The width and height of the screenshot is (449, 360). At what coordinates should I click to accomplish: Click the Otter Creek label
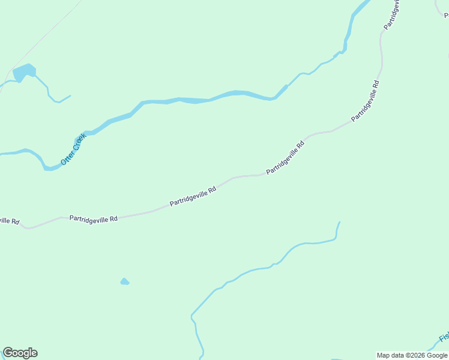pyautogui.click(x=74, y=149)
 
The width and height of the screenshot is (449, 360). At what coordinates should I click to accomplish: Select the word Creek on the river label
pyautogui.click(x=80, y=142)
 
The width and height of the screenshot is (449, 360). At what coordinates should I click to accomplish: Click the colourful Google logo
pyautogui.click(x=20, y=353)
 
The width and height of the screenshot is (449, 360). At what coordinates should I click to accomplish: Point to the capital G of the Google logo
pyautogui.click(x=8, y=353)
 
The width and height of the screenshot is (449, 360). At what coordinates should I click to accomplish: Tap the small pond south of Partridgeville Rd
pyautogui.click(x=124, y=281)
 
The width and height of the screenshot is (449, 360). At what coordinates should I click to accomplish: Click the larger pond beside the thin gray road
pyautogui.click(x=24, y=72)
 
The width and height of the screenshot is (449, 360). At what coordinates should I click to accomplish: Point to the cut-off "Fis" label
pyautogui.click(x=444, y=338)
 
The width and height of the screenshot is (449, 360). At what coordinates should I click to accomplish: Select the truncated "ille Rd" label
pyautogui.click(x=9, y=221)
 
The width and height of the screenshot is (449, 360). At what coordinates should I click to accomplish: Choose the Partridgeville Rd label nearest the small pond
pyautogui.click(x=93, y=219)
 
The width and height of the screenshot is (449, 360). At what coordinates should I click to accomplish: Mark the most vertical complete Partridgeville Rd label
pyautogui.click(x=366, y=101)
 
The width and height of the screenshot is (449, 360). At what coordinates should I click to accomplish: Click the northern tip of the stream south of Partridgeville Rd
pyautogui.click(x=339, y=223)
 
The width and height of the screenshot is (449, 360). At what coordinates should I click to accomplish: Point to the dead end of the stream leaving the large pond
pyautogui.click(x=70, y=95)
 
